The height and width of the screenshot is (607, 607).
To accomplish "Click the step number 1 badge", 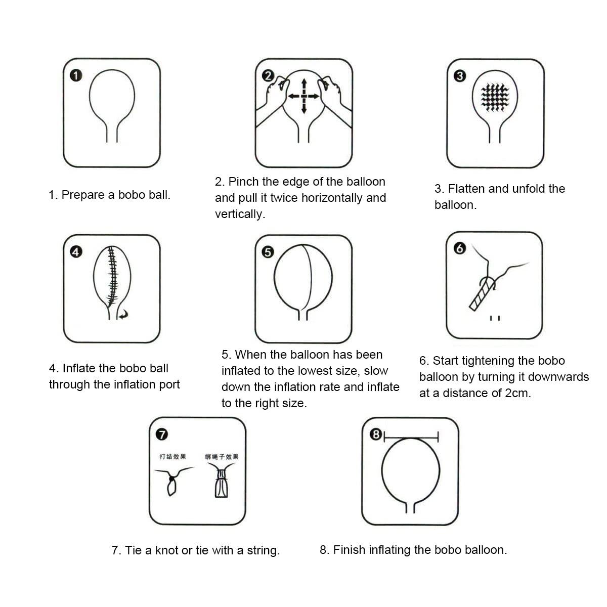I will tap(75, 76).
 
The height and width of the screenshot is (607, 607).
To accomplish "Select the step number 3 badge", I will tap(459, 76).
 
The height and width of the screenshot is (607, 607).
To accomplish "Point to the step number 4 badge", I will tap(75, 251).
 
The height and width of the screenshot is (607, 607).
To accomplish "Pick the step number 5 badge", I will tap(268, 251).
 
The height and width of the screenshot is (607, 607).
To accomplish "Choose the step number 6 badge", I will tap(459, 248).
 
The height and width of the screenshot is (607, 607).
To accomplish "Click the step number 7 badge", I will tap(161, 434).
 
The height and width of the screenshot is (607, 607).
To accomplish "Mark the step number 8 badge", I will tap(375, 434).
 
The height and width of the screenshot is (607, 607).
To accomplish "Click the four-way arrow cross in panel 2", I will tap(303, 96).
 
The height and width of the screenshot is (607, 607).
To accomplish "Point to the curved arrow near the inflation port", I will tap(123, 315).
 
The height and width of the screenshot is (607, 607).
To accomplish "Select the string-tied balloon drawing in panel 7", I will tap(221, 484).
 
